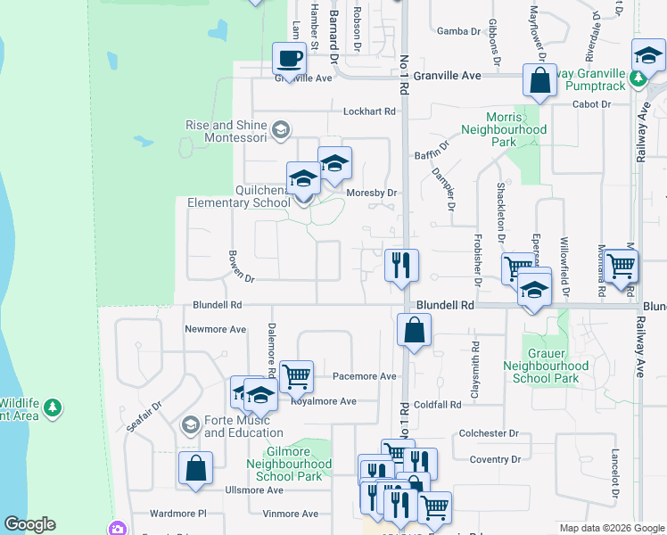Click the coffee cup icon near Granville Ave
point(289,60)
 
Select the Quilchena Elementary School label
point(239,196)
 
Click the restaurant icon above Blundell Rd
point(401,265)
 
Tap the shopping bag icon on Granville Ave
point(540,81)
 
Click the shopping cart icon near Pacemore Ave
point(296,376)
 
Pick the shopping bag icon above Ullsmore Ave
point(195,468)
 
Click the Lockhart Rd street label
point(369,111)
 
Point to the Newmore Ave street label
point(215,329)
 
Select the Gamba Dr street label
point(458,31)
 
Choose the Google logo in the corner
point(29,524)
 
